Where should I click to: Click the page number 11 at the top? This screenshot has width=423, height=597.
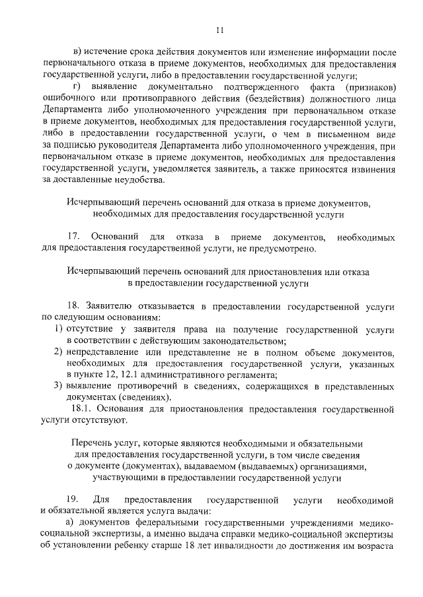click(221, 30)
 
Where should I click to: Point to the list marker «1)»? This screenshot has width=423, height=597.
click(58, 329)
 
